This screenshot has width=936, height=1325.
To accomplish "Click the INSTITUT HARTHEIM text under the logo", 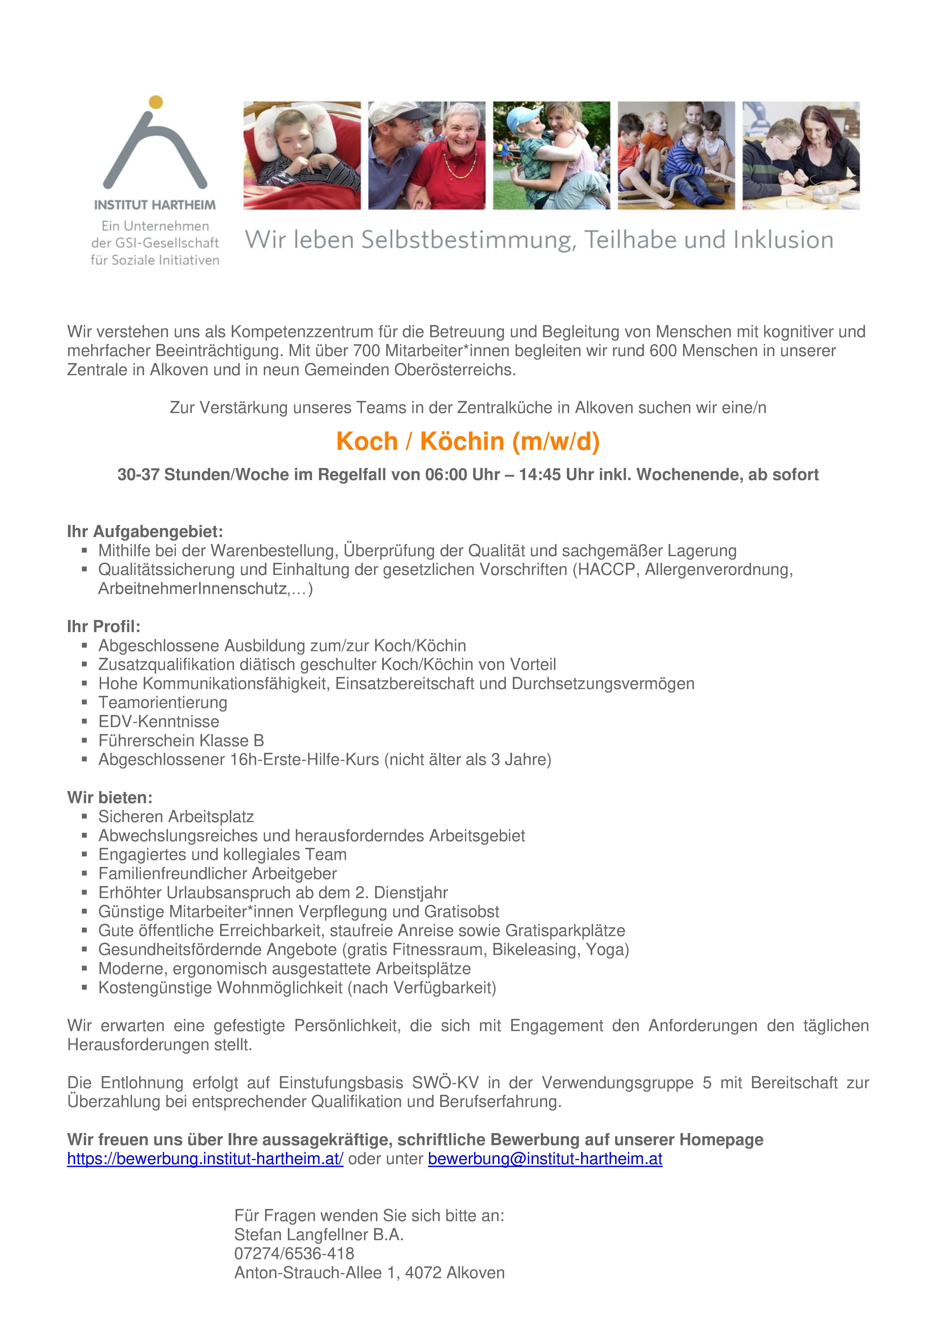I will point(155,205).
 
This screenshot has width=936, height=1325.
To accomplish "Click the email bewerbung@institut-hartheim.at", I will point(545,1159).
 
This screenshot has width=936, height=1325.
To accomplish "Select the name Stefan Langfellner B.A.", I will point(318,1234).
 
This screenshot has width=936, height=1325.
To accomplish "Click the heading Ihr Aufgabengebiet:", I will point(145,532).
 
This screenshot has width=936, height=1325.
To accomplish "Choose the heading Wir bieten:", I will point(110,797).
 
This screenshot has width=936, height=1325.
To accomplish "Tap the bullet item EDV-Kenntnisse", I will point(159,721).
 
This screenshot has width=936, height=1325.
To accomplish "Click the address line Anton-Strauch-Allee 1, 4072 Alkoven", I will point(369,1273).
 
